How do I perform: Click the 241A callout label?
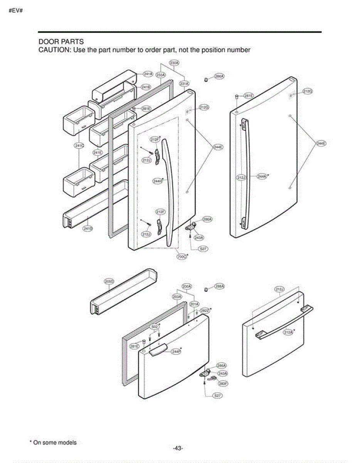click(x=148, y=74)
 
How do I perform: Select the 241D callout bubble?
click(x=88, y=229)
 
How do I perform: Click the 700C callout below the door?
click(x=182, y=256)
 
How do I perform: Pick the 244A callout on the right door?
click(x=262, y=176)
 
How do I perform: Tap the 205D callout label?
click(x=109, y=282)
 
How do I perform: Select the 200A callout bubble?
click(x=187, y=287)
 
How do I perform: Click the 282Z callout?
click(x=205, y=310)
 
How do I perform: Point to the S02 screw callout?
click(x=154, y=326)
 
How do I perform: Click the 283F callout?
click(x=223, y=384)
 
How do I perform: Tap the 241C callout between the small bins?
click(x=79, y=145)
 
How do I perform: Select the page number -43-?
click(x=178, y=448)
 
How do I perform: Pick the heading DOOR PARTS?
click(x=61, y=41)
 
